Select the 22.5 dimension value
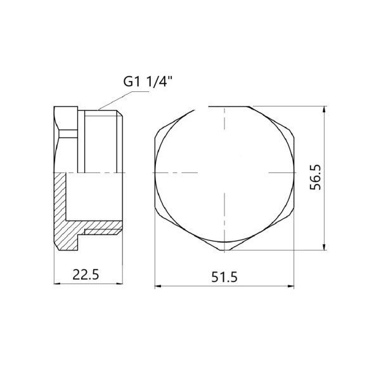[x=86, y=275]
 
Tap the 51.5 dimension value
[x=224, y=277]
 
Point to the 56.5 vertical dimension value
[x=315, y=177]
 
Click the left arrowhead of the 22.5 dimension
[x=56, y=283]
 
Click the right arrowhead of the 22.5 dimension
[x=120, y=283]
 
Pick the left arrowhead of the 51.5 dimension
[x=158, y=287]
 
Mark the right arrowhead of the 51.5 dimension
[x=291, y=287]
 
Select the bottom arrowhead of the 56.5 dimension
[x=324, y=247]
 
